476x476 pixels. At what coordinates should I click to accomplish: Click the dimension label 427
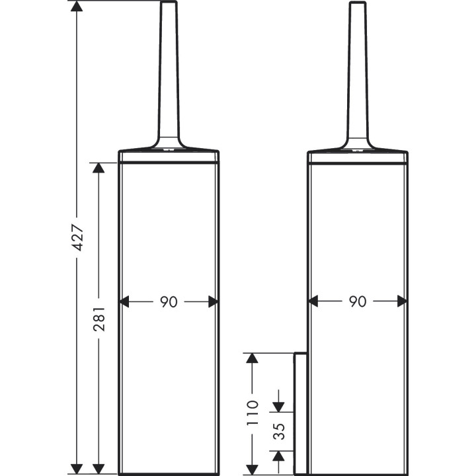[77, 237]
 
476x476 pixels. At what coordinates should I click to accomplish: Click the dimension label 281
[99, 317]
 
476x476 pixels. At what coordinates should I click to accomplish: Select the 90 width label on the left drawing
[169, 301]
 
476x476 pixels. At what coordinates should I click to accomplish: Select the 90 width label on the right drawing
[358, 301]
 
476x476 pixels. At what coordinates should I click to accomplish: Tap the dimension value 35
[278, 431]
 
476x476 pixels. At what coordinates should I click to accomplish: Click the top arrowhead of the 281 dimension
[99, 169]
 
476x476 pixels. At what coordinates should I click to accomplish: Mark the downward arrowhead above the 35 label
[278, 404]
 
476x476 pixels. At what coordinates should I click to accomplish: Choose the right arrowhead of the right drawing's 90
[401, 301]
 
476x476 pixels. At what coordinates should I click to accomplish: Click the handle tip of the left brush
[169, 5]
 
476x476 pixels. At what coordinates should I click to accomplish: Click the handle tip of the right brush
[358, 5]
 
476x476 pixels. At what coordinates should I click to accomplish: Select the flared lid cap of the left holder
[169, 145]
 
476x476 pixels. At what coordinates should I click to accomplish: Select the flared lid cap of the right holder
[358, 145]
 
